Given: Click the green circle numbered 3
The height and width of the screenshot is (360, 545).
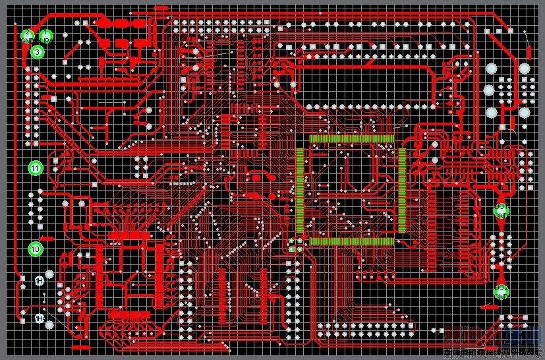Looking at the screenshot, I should pos(37,51).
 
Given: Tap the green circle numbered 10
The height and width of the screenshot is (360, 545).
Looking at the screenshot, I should pos(36,249).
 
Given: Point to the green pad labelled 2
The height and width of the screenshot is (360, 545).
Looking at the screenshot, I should pos(27,36).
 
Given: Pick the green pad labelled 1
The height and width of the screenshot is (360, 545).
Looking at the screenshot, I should pos(45,36).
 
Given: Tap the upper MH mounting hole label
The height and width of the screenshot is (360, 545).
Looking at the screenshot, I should pos(40,281).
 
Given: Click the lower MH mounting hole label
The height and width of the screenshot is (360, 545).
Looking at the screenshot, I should pos(40,320).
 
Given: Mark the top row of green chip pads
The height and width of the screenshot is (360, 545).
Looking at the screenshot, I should pos(352,138).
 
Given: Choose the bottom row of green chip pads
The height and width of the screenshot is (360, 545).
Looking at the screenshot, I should pos(352,242).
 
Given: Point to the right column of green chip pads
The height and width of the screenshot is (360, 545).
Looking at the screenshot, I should pos(402,190).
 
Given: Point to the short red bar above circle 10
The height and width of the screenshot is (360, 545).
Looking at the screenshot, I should pos(47,237).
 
